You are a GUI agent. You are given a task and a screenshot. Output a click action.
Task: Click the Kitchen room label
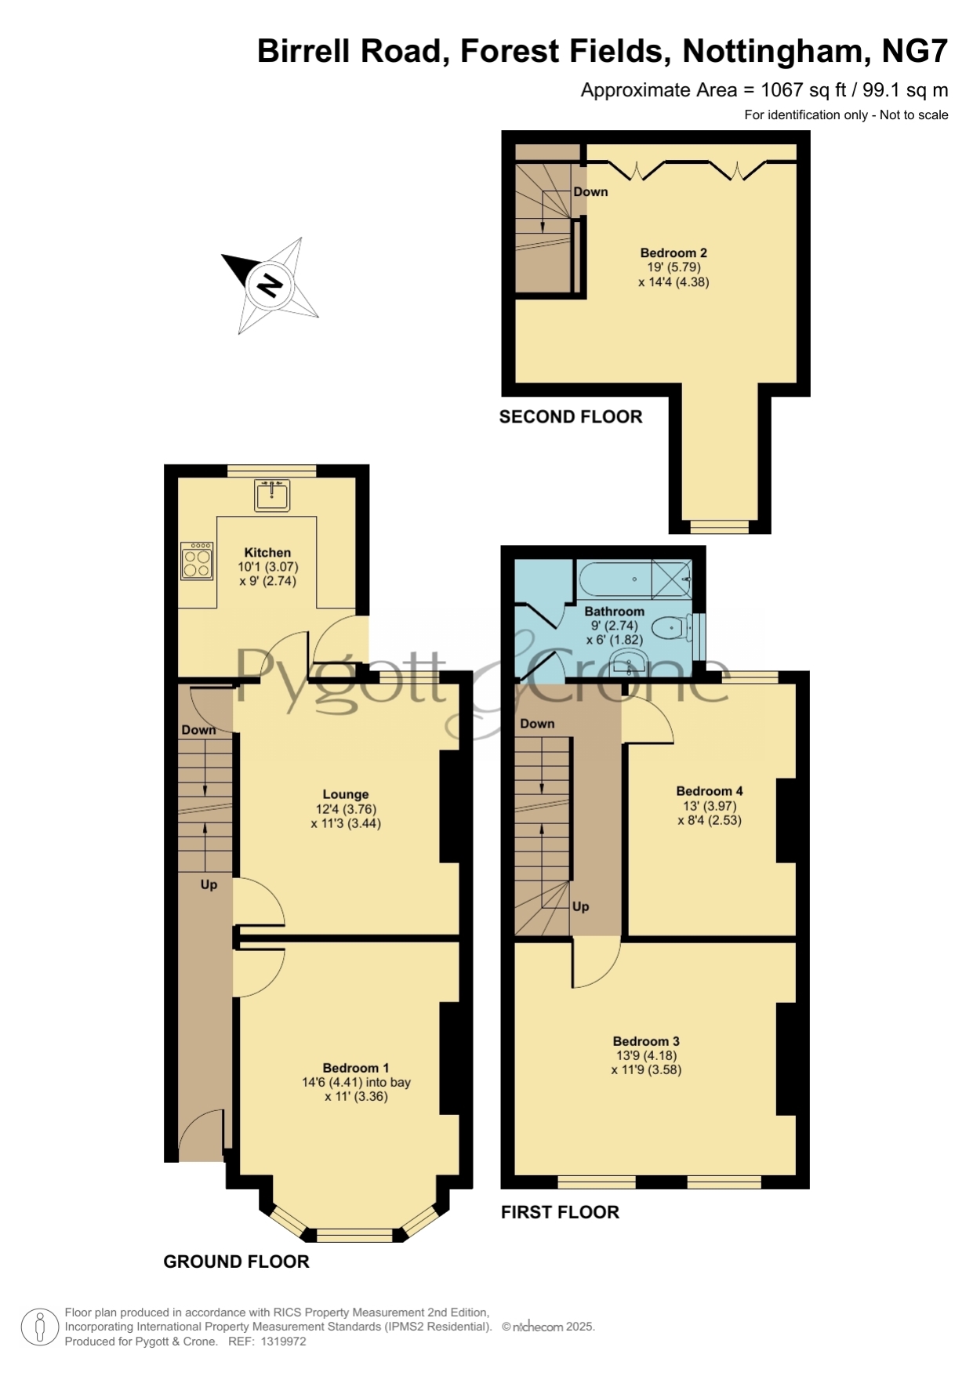[267, 553]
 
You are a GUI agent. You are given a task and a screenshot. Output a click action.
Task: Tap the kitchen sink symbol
[272, 495]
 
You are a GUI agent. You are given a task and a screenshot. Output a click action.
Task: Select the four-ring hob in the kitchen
[197, 561]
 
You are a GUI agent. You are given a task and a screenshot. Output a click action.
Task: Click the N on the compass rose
[270, 285]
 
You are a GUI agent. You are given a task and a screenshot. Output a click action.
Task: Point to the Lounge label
[346, 794]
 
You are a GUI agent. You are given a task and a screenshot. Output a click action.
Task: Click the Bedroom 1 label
[356, 1068]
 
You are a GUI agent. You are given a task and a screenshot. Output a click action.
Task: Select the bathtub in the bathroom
[635, 579]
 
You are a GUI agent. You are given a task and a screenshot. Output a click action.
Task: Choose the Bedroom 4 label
[710, 791]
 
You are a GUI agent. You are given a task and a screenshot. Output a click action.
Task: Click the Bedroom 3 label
[646, 1041]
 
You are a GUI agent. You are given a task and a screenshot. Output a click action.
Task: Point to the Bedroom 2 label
[673, 252]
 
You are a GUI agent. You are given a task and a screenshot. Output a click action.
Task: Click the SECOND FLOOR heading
[571, 417]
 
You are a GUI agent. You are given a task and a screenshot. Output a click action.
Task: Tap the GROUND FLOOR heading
[236, 1262]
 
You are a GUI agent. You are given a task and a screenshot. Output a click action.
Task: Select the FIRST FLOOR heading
[560, 1212]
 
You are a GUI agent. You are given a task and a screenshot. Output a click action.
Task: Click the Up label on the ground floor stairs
[209, 884]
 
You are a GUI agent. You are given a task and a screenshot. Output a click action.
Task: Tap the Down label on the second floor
[590, 191]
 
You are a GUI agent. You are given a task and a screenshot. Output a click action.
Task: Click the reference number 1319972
[282, 1342]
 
